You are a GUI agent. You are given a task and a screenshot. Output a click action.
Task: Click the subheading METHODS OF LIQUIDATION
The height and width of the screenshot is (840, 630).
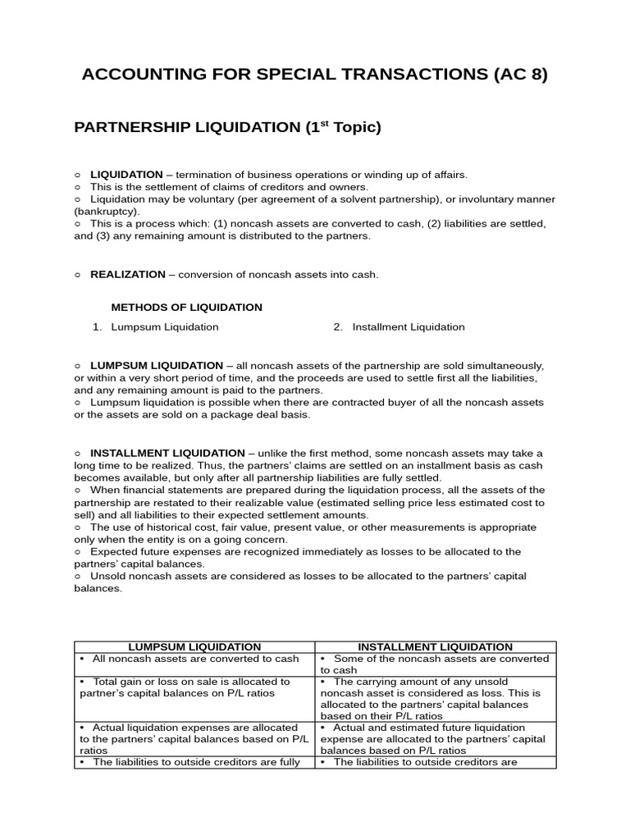[x=187, y=308]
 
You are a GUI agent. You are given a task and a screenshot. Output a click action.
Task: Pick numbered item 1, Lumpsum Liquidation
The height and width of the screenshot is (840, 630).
[x=164, y=326]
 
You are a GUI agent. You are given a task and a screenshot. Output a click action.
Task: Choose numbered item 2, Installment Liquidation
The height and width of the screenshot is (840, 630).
[x=408, y=326]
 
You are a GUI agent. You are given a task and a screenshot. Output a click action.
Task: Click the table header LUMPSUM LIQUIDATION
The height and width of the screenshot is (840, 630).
[x=194, y=647]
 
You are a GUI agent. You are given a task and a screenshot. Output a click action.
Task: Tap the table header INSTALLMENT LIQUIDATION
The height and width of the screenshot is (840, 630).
[x=436, y=647]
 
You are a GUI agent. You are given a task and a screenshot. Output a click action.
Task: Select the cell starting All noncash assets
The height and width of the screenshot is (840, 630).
[x=194, y=659]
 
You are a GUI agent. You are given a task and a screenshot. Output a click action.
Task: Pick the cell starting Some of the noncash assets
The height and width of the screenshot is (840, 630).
[x=436, y=664]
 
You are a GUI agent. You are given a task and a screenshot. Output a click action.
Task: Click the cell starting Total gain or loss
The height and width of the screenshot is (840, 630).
[x=194, y=687]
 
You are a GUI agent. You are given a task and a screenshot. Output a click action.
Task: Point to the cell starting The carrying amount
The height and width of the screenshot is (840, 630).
[x=436, y=698]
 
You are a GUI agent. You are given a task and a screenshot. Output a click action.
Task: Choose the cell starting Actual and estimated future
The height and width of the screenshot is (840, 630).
[x=436, y=738]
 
